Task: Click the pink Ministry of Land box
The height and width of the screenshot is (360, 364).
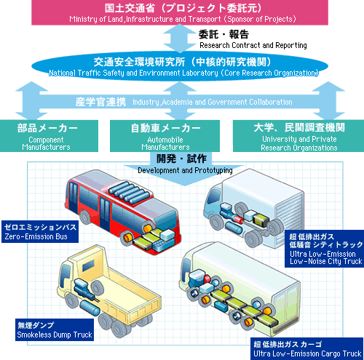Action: [x=180, y=12]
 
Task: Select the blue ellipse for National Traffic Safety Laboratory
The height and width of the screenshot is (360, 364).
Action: [x=180, y=66]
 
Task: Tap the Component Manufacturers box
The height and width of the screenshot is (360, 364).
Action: [x=49, y=136]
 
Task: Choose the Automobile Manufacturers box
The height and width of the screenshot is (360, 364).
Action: [x=165, y=136]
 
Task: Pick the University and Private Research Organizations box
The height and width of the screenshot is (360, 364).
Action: [x=298, y=136]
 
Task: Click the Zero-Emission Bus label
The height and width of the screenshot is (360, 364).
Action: [x=40, y=231]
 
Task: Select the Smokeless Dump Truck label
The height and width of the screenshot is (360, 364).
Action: [x=55, y=329]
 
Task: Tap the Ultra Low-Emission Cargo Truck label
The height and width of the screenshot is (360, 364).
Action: [x=307, y=348]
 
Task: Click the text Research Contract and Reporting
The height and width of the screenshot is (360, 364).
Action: [x=253, y=45]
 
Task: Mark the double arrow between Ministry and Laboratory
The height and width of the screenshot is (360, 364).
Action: [x=180, y=39]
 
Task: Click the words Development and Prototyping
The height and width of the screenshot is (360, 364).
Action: [x=185, y=170]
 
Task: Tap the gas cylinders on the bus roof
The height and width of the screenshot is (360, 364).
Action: [x=130, y=192]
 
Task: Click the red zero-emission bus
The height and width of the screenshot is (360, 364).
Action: [x=122, y=212]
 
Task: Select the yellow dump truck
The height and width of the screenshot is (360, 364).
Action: [x=109, y=291]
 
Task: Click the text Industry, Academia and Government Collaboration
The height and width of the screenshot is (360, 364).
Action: [x=212, y=102]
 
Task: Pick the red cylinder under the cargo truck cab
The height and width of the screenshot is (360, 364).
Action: [x=207, y=279]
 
